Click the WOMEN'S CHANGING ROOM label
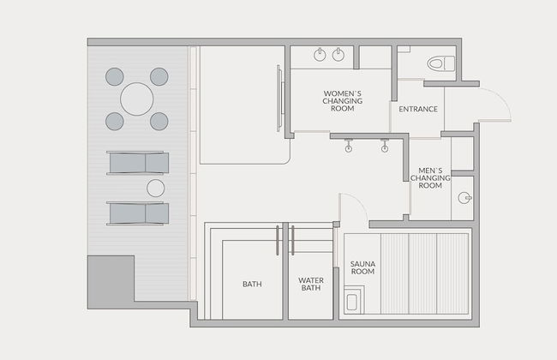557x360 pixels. click(343, 101)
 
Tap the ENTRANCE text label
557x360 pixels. click(418, 109)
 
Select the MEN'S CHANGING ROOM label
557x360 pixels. click(430, 178)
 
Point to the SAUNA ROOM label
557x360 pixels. click(362, 267)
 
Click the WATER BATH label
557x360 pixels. click(311, 285)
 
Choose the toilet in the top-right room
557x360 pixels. click(440, 64)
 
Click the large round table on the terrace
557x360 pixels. click(137, 99)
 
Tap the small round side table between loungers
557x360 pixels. click(156, 188)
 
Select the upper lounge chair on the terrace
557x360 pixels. click(138, 163)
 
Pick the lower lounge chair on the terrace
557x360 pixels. click(138, 213)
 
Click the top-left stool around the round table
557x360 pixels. click(114, 77)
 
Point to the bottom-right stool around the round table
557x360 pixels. click(159, 121)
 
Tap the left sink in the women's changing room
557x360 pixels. click(320, 55)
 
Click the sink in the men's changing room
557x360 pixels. click(464, 198)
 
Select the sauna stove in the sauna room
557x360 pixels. click(353, 300)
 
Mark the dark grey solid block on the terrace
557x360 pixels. click(111, 282)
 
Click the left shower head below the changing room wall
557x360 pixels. click(349, 146)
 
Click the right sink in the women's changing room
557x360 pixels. click(338, 54)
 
